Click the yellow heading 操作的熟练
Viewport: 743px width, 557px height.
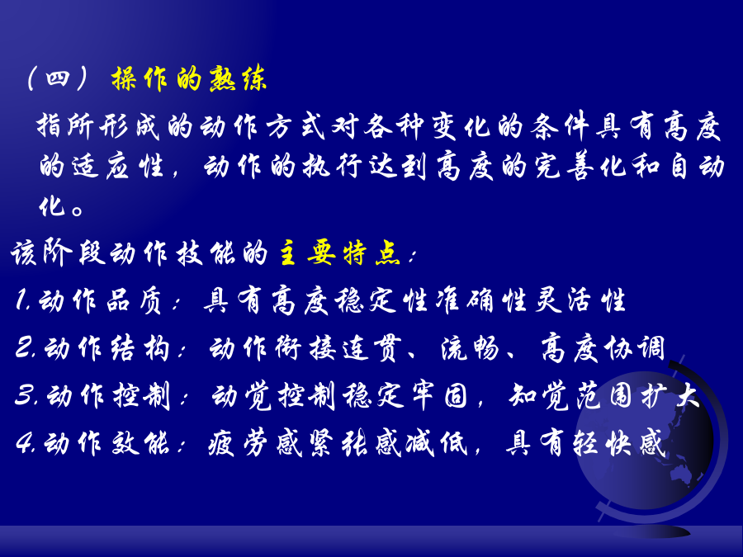[189, 78]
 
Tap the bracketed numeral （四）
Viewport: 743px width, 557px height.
[57, 78]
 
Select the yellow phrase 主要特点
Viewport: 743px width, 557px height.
[340, 253]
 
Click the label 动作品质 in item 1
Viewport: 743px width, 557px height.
[101, 300]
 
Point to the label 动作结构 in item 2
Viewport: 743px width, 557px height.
[106, 348]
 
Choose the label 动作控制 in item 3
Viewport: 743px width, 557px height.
[108, 395]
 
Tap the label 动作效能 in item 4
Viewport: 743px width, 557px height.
[106, 443]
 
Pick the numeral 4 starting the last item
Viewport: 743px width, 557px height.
[24, 443]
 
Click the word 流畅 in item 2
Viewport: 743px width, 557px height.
[470, 348]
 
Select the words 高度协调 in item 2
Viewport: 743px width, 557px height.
[603, 348]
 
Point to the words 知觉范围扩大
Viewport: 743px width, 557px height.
[604, 395]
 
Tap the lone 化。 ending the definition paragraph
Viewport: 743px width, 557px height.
[62, 206]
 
